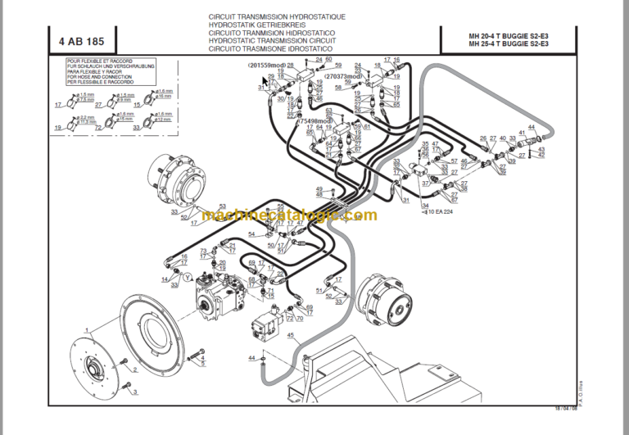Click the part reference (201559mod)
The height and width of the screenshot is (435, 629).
pyautogui.click(x=270, y=66)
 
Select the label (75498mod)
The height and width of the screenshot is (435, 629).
pyautogui.click(x=314, y=119)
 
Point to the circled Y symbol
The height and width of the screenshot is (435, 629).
pyautogui.click(x=188, y=277)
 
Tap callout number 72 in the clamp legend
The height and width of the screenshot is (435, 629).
pyautogui.click(x=98, y=129)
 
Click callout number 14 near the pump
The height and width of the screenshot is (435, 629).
pyautogui.click(x=165, y=279)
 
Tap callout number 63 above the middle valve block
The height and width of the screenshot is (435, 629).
pyautogui.click(x=328, y=111)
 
